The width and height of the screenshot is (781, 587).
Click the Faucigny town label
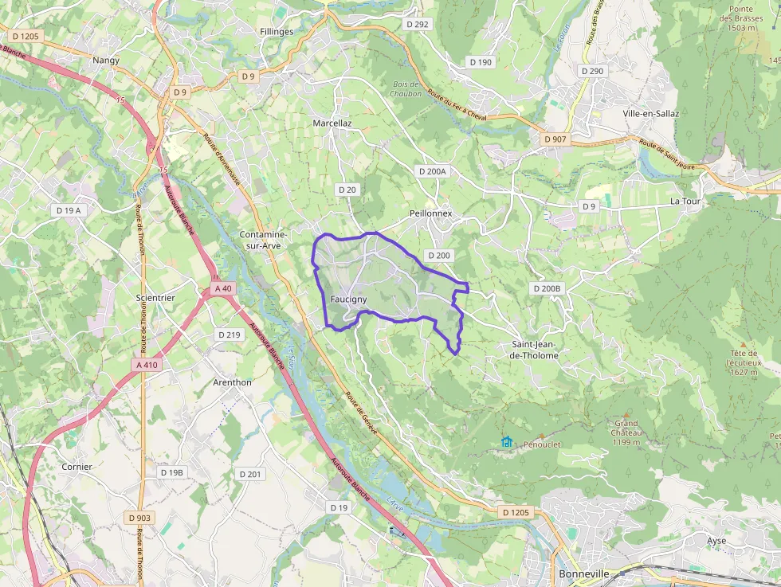point(348,299)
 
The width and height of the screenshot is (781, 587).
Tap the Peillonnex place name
point(430,213)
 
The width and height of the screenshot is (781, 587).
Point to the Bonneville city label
point(583,573)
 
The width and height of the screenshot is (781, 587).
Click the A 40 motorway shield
point(224,288)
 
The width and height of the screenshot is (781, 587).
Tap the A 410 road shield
point(147,365)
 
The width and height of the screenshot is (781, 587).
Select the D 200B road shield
point(547,288)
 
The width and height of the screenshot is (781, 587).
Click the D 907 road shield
point(555,139)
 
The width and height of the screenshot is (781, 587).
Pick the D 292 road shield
point(417,25)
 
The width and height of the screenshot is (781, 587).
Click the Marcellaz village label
point(332,123)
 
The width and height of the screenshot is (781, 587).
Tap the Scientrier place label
point(155,297)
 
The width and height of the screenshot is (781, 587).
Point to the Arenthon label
point(232,382)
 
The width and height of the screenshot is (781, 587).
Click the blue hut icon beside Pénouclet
point(507,441)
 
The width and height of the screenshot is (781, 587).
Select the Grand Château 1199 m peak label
point(626,432)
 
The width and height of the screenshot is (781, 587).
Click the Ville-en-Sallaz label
point(651,113)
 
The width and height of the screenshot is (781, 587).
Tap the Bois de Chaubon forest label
point(406,88)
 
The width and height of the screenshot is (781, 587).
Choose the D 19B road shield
point(171,472)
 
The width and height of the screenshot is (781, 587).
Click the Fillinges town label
point(277,32)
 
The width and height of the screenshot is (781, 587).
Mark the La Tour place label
point(685,202)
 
